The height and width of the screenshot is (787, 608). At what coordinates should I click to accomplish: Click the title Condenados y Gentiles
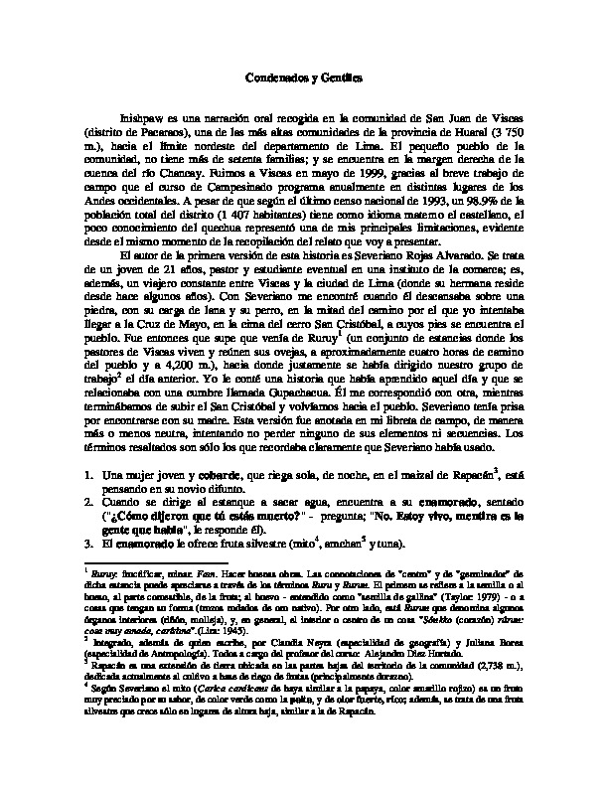304,77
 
